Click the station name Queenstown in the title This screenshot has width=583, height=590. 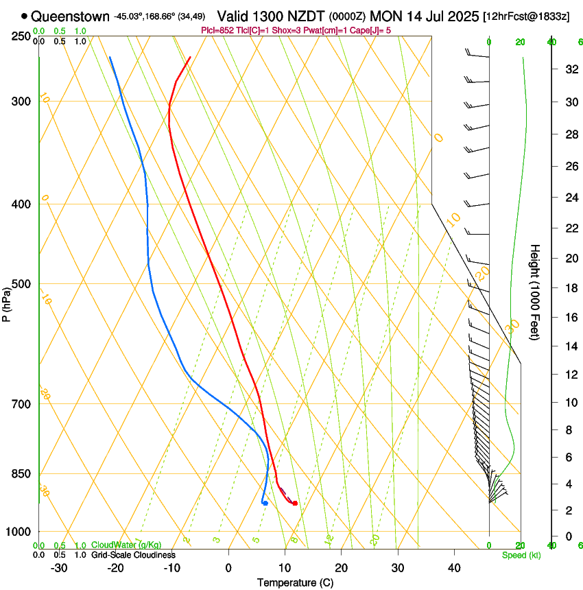[70, 16]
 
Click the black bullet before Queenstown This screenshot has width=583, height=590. [25, 16]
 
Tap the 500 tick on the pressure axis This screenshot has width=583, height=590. [21, 284]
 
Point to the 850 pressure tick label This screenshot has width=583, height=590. [21, 473]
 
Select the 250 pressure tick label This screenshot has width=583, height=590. [21, 36]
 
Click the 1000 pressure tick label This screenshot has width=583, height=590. [19, 532]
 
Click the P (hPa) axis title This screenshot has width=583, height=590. [7, 303]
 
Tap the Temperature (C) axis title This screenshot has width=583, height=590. [295, 582]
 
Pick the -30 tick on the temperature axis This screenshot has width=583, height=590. [59, 568]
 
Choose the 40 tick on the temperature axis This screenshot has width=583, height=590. [454, 568]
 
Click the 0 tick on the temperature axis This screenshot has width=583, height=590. [228, 568]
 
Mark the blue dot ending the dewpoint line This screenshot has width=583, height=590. [265, 504]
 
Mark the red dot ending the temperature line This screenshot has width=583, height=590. [295, 504]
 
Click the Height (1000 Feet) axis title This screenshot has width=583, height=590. [536, 292]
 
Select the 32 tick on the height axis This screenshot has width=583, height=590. [571, 69]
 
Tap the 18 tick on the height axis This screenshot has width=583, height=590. [571, 288]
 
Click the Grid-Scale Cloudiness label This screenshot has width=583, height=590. [133, 555]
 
